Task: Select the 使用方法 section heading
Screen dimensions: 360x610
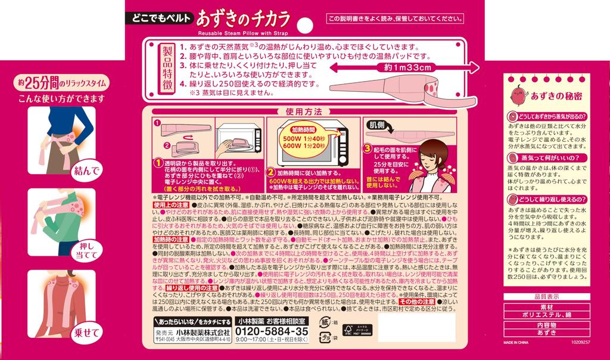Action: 303,111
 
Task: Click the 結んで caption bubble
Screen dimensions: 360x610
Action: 82,172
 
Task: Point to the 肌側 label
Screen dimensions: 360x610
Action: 378,126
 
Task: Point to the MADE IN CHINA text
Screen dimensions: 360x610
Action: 518,344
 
